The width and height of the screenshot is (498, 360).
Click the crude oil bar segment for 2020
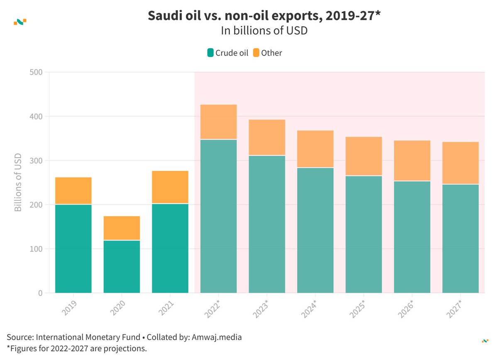(122, 267)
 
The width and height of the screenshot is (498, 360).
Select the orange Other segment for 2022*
(218, 122)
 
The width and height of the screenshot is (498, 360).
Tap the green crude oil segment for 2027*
(460, 238)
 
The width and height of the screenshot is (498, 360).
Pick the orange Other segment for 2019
(73, 191)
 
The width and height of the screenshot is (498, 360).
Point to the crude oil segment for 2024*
(315, 230)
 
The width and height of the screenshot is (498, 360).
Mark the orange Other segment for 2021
(170, 187)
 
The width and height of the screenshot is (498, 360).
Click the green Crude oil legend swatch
(210, 53)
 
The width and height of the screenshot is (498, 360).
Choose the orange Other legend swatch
(256, 53)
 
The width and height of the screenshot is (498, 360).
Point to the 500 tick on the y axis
(37, 72)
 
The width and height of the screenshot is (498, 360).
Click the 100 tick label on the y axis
(37, 249)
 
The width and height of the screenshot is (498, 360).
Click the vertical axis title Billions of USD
(18, 182)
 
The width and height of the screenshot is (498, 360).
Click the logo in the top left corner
(20, 22)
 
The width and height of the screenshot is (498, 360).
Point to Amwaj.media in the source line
(217, 337)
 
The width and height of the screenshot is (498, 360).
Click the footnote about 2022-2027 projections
(77, 348)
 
